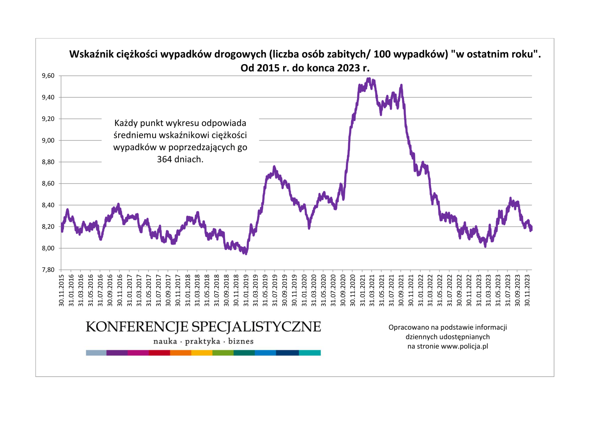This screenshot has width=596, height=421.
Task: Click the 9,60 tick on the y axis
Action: [48, 76]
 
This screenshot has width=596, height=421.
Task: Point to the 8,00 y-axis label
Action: [48, 248]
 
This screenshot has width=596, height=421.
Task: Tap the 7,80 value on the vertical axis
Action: [48, 270]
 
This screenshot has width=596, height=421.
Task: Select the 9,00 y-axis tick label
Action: [48, 140]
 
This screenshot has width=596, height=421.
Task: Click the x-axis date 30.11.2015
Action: [61, 290]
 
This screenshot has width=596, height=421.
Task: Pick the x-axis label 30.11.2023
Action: [527, 290]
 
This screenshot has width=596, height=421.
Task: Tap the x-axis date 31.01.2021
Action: [362, 290]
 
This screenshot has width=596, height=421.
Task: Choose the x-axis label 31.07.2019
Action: [275, 290]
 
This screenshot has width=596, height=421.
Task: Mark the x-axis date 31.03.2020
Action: [314, 290]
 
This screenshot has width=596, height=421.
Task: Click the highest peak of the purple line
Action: [368, 79]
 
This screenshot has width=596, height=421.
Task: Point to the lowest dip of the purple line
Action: [246, 253]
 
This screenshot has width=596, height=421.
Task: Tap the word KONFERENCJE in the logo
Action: [137, 327]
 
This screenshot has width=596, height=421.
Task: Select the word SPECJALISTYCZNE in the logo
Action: [256, 327]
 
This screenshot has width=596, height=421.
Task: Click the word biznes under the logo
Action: [241, 341]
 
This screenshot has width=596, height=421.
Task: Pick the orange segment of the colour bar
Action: [180, 353]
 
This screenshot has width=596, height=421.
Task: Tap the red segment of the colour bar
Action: [159, 353]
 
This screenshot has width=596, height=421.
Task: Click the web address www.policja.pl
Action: [464, 346]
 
